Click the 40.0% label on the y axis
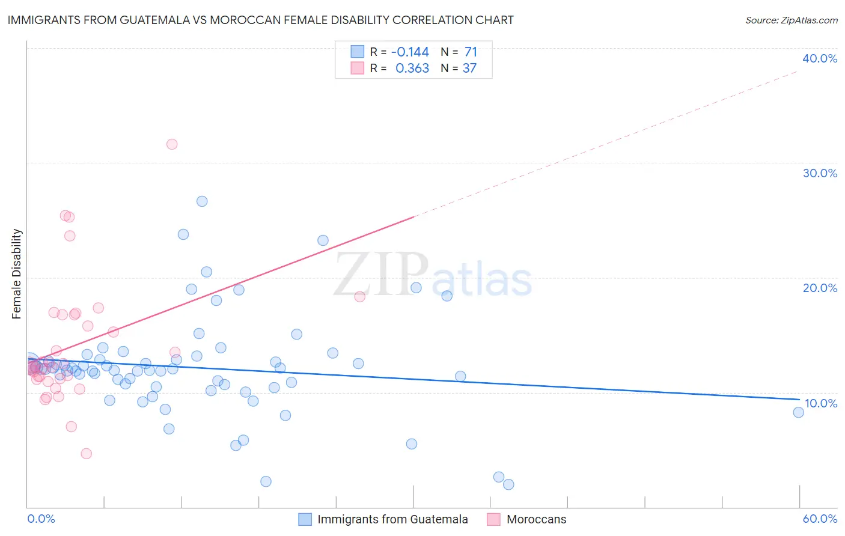820,58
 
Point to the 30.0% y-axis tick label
820,173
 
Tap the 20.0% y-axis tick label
820,288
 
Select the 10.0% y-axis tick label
820,403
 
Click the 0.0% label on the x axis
41,519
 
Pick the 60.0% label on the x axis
820,519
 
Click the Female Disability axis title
17,273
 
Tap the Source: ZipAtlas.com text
791,20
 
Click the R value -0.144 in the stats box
410,52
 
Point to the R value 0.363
412,69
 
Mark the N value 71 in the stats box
471,52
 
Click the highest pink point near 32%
172,144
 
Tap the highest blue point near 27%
202,201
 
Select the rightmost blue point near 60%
798,412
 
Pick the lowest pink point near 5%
86,454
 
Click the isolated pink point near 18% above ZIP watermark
359,296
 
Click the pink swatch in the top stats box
358,68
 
